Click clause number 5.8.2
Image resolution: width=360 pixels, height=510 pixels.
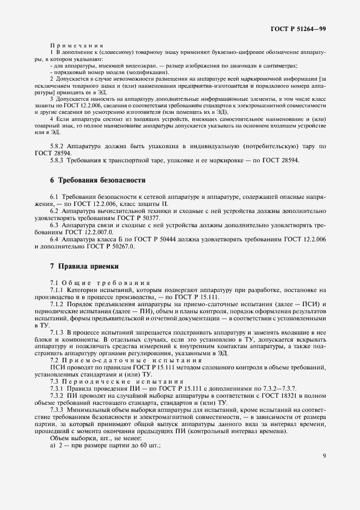coord(57,146)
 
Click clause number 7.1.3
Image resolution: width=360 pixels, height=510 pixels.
coord(57,332)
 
